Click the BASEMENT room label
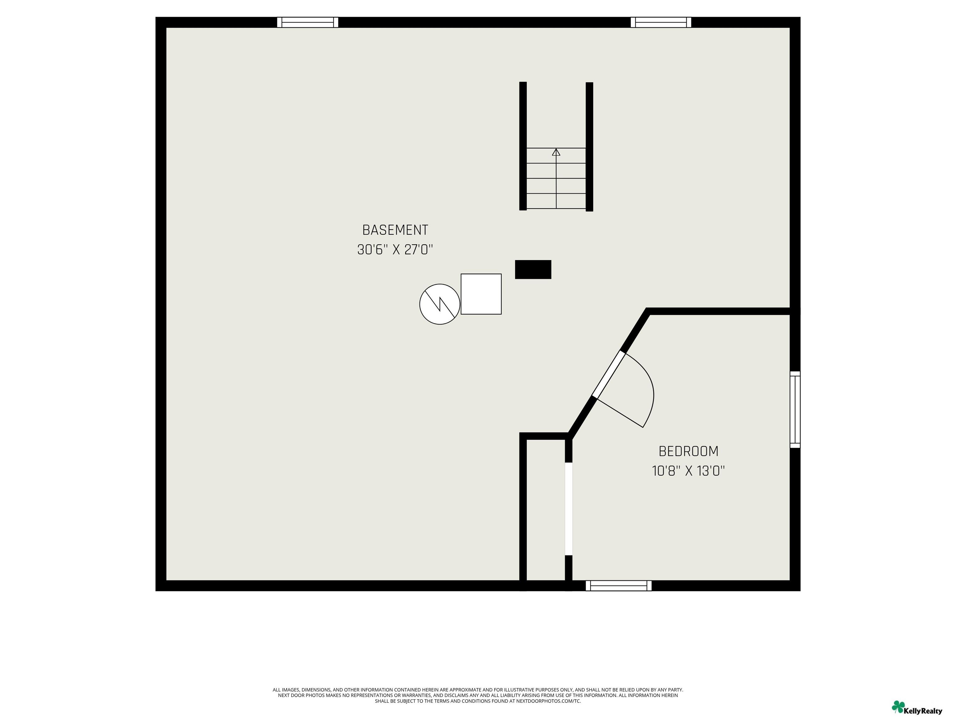click(x=395, y=230)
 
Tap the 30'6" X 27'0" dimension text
click(x=395, y=250)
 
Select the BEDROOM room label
click(x=688, y=451)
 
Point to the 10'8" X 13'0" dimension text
click(x=688, y=471)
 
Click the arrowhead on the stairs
click(x=556, y=152)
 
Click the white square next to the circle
click(x=481, y=294)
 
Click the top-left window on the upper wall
click(x=308, y=22)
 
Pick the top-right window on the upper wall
click(x=661, y=22)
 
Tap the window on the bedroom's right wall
click(x=795, y=409)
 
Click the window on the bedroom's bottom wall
click(x=618, y=586)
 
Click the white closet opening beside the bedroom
click(x=569, y=509)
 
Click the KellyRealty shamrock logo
click(x=898, y=707)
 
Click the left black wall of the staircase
click(x=523, y=146)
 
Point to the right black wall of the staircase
click(x=589, y=147)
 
